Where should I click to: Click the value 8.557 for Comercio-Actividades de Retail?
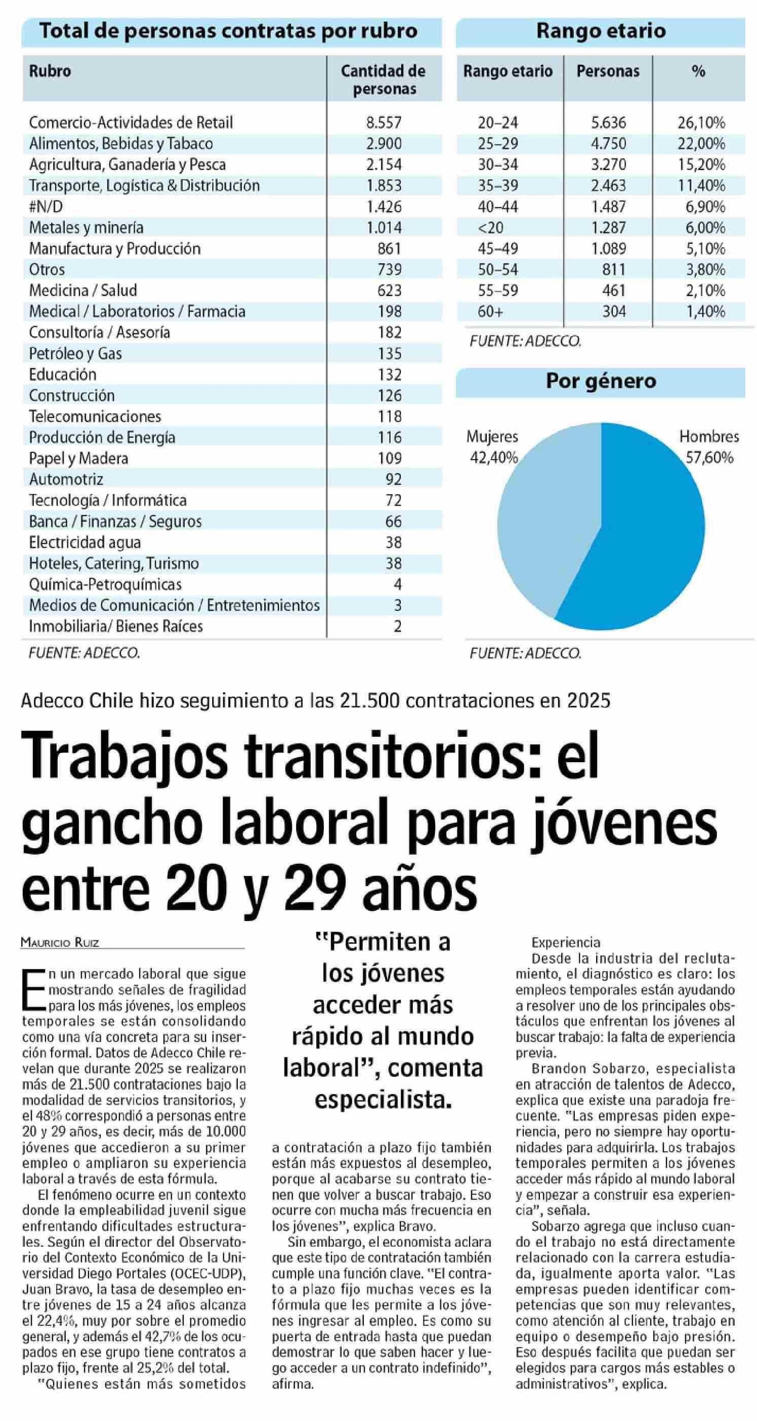pyautogui.click(x=384, y=122)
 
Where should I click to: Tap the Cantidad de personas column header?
pyautogui.click(x=384, y=79)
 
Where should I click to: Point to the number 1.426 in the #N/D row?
pyautogui.click(x=384, y=206)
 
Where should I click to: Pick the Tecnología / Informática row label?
pyautogui.click(x=108, y=500)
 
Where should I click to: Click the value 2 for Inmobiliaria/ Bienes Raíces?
pyautogui.click(x=397, y=626)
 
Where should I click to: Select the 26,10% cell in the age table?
pyautogui.click(x=701, y=122)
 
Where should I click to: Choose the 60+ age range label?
pyautogui.click(x=490, y=312)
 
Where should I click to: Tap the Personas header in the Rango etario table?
pyautogui.click(x=608, y=71)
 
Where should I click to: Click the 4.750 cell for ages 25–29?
pyautogui.click(x=609, y=143)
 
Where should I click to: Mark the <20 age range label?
pyautogui.click(x=490, y=227)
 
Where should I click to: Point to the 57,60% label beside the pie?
pyautogui.click(x=709, y=457)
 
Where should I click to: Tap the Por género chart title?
pyautogui.click(x=601, y=381)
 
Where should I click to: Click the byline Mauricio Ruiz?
pyautogui.click(x=60, y=942)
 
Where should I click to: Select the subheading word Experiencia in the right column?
pyautogui.click(x=566, y=942)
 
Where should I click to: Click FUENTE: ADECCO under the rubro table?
pyautogui.click(x=85, y=653)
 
